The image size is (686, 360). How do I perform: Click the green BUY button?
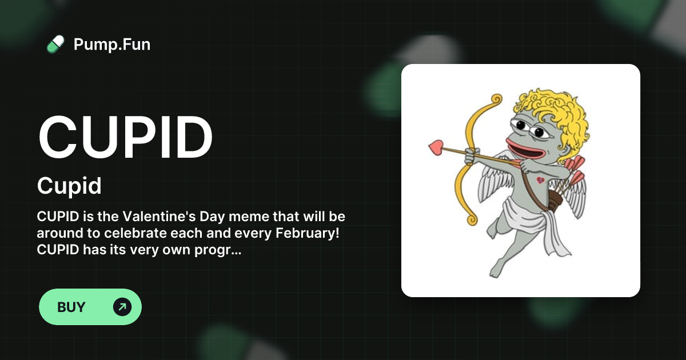90,307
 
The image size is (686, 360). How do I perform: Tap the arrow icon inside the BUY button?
122,307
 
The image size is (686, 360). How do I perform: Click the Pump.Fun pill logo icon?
55,44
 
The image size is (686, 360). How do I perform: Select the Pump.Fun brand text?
112,44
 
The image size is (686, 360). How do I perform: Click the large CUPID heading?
125,137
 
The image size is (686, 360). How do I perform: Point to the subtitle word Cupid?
69,186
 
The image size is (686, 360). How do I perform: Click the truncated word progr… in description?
221,250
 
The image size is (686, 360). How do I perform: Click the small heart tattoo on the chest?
540,181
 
